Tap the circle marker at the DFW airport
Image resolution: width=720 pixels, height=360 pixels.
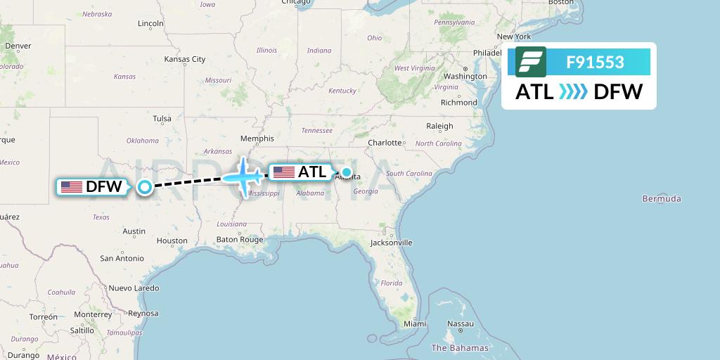[145, 187]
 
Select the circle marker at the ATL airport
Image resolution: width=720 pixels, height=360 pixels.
[347, 172]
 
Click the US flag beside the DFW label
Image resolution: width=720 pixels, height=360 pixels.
[72, 187]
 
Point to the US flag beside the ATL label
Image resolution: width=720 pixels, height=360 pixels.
[284, 172]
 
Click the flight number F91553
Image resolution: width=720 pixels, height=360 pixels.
[595, 63]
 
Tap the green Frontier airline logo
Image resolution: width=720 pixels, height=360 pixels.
[530, 62]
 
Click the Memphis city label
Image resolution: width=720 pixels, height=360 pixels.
[257, 139]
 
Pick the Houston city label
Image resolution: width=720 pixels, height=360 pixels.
[172, 240]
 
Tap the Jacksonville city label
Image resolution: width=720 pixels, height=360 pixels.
[392, 243]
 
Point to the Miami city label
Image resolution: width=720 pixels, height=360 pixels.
[415, 324]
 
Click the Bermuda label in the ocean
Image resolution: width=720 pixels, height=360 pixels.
[661, 199]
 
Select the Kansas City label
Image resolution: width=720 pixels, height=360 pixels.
[185, 59]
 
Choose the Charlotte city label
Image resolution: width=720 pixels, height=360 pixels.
[385, 143]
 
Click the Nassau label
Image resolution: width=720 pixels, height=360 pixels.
[461, 324]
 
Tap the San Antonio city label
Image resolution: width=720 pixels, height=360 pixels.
[122, 259]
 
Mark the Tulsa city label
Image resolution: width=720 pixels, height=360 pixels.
[162, 119]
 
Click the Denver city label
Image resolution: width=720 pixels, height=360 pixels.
[18, 46]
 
